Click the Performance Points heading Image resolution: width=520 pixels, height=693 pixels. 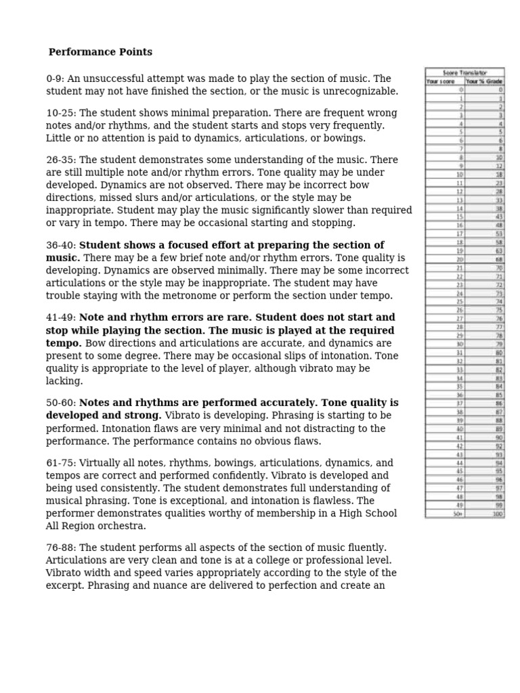(100, 52)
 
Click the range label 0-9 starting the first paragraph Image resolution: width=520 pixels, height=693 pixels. (54, 79)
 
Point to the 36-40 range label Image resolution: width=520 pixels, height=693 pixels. (60, 245)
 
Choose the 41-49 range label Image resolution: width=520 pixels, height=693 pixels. (60, 317)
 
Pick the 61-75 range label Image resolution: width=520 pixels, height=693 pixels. (60, 463)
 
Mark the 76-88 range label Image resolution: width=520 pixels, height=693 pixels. (60, 547)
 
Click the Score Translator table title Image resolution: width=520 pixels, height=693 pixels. (464, 72)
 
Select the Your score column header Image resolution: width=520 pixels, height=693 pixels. (441, 81)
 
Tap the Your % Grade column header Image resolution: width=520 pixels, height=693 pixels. (484, 81)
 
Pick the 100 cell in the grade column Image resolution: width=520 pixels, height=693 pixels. (497, 514)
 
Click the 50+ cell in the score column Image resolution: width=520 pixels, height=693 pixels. (458, 514)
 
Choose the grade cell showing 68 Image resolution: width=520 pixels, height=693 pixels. (499, 260)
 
